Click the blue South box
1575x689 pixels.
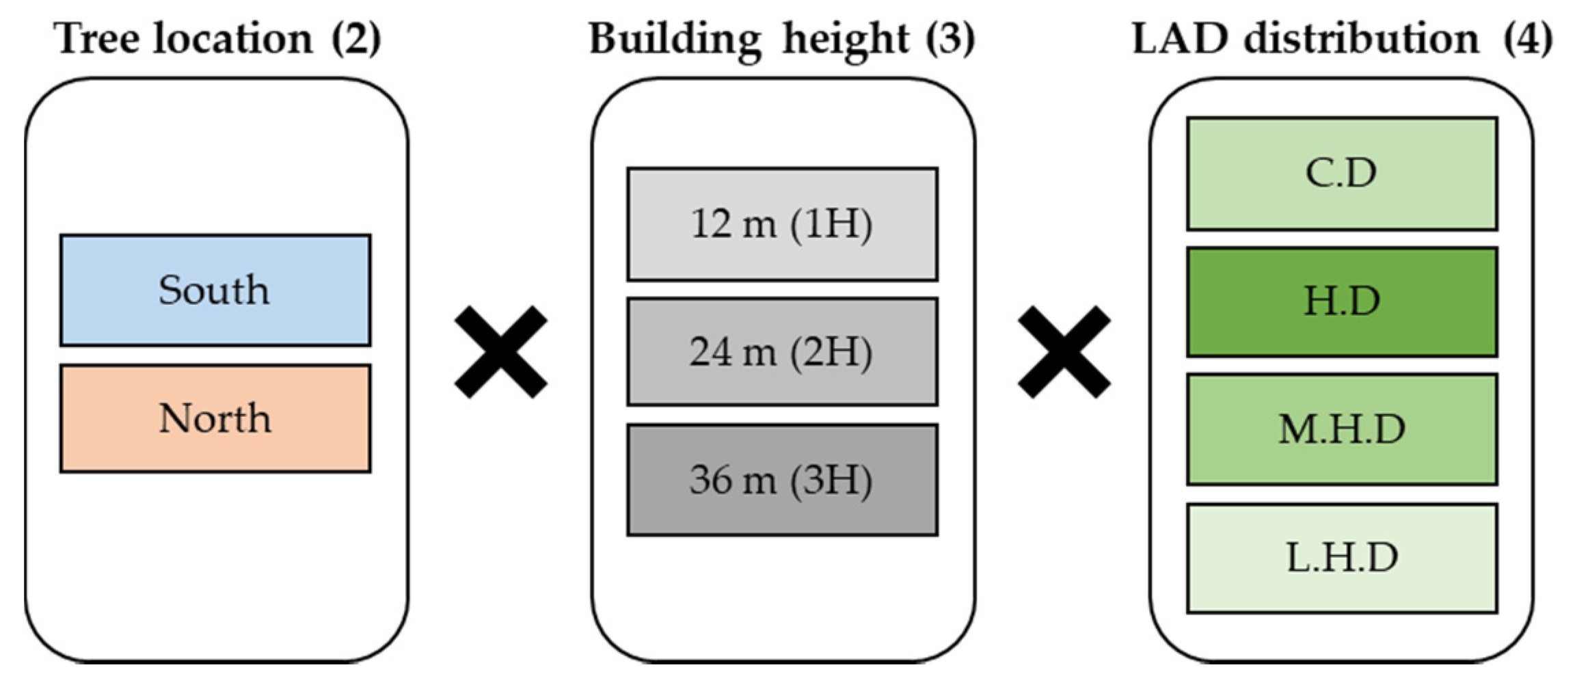coord(215,291)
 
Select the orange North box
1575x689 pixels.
coord(215,418)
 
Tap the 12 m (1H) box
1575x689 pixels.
coord(782,224)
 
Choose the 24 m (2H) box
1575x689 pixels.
coord(782,352)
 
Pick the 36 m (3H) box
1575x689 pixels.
coord(782,480)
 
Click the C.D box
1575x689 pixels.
coord(1342,174)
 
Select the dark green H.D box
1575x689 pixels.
coord(1342,301)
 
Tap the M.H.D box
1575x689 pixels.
coord(1342,429)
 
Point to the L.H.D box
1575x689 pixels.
coord(1342,558)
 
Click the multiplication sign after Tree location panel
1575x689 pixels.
coord(501,352)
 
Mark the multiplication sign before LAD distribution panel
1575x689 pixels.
coord(1064,352)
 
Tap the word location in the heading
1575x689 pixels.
coord(233,38)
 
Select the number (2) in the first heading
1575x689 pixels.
coord(356,38)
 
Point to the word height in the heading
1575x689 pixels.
coord(846,40)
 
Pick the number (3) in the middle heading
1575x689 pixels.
coord(950,38)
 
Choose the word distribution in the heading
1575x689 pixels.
coord(1361,38)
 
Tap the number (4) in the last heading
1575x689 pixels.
coord(1528,38)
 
